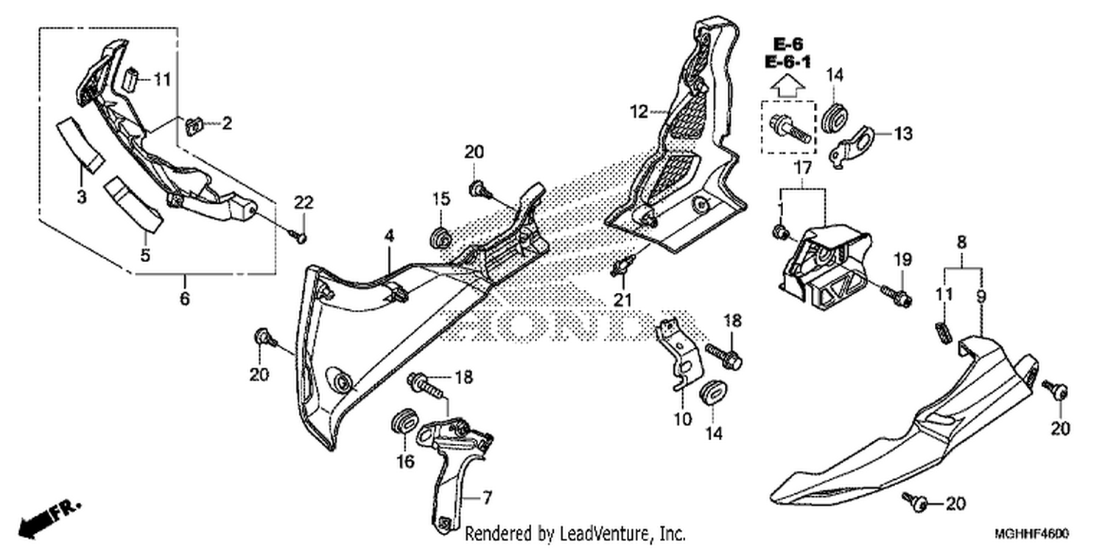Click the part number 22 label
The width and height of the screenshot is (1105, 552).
coord(304,202)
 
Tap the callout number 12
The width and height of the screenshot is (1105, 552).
coord(639,112)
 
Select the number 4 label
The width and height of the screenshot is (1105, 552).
coord(390,236)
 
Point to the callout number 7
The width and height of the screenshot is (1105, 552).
coord(487,498)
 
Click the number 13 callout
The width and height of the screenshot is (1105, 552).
coord(904,133)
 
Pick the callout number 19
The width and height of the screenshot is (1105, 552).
coord(903,260)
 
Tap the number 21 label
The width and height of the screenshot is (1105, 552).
coord(622,300)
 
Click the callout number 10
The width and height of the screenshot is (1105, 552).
coord(683,420)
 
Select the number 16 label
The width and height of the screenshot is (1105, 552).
coord(405,461)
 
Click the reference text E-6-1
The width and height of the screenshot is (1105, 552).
coord(787,62)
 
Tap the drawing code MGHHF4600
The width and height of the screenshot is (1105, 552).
coord(1031,534)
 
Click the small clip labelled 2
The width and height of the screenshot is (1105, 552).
coord(195,127)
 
